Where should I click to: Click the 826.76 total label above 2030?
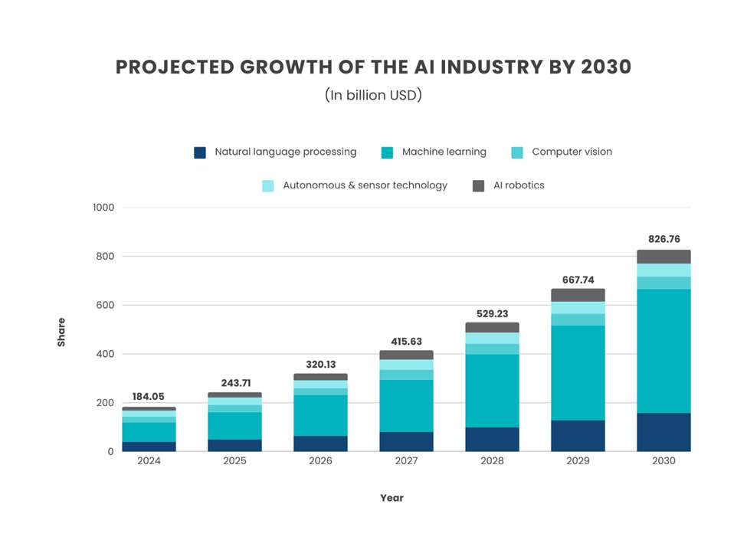point(663,239)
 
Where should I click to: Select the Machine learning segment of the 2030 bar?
point(663,351)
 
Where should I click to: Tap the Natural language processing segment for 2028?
point(491,439)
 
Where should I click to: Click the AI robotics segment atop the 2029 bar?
point(577,295)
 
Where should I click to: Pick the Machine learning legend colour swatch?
point(387,152)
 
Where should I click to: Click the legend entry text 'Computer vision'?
point(572,152)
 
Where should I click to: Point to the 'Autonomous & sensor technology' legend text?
point(365,185)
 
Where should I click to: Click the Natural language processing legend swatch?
point(200,152)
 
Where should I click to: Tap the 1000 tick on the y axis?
point(103,208)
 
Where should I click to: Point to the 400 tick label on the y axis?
point(105,354)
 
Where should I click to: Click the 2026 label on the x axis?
point(319,461)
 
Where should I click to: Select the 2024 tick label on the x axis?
point(149,461)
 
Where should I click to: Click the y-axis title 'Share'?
point(61,332)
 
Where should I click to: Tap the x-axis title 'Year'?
point(392,498)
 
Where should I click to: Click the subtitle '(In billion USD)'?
point(373,96)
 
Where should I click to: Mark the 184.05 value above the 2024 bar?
point(149,397)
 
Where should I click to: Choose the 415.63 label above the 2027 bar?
point(405,342)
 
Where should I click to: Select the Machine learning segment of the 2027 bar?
point(405,406)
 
